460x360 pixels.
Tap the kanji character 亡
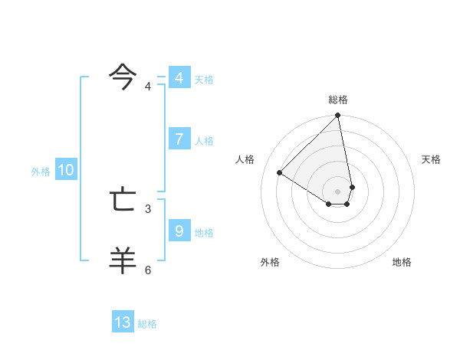click(123, 200)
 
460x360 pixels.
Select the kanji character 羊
click(123, 260)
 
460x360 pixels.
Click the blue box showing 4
click(179, 78)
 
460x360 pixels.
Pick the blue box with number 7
click(179, 139)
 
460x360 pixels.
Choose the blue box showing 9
click(179, 231)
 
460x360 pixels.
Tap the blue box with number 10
click(66, 170)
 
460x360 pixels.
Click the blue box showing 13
click(123, 322)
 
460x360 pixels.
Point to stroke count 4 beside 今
click(148, 87)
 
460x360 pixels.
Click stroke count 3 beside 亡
click(148, 208)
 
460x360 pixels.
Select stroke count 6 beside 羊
click(148, 270)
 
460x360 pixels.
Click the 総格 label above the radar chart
click(338, 100)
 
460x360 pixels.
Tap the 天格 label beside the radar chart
click(432, 159)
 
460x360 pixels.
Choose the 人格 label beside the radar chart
click(245, 159)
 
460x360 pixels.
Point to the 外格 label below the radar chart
click(270, 263)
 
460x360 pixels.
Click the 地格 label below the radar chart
click(402, 263)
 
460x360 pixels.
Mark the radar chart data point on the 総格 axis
click(338, 116)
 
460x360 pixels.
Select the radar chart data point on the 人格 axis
click(280, 172)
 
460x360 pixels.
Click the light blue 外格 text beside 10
click(41, 172)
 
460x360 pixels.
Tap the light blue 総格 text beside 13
click(147, 324)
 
